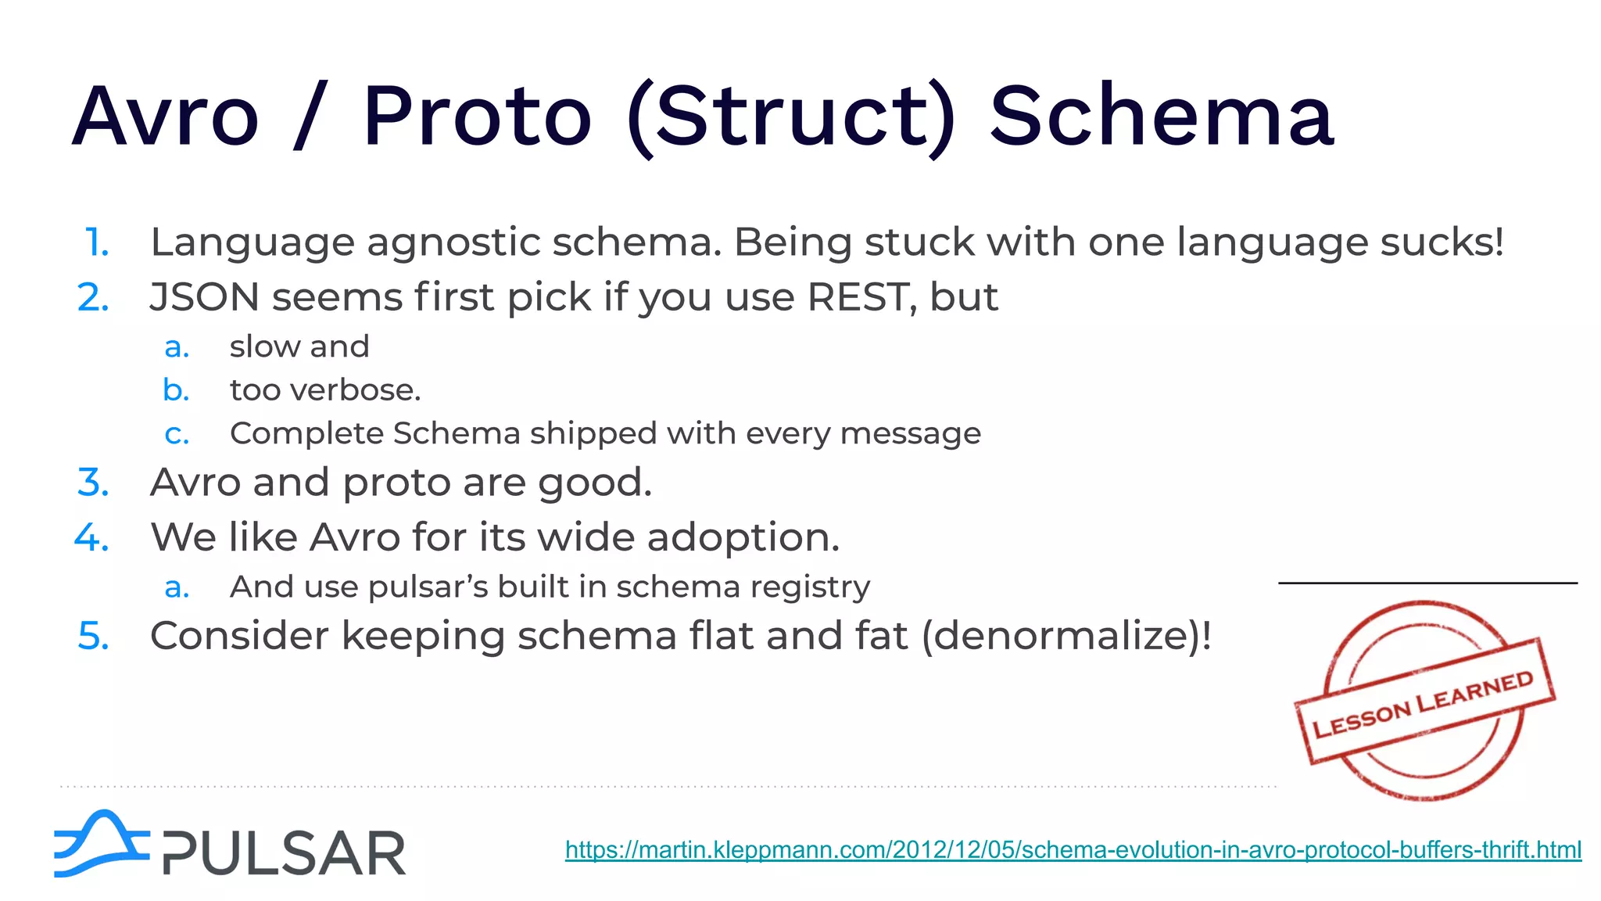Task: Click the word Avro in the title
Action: (165, 117)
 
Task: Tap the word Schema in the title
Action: (1162, 117)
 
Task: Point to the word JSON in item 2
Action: (204, 298)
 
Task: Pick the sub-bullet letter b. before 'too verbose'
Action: (177, 389)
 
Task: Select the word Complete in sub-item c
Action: (307, 433)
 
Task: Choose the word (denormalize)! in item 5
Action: (1067, 635)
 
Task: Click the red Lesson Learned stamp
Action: (1424, 700)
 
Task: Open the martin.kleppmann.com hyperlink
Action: (1073, 849)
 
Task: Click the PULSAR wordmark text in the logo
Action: (284, 853)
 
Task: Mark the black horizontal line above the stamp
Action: (1427, 583)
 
